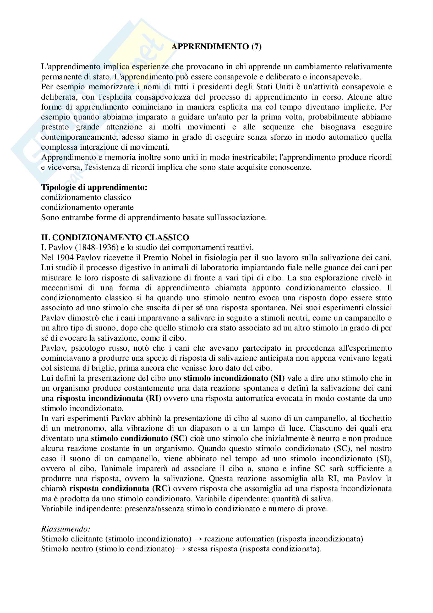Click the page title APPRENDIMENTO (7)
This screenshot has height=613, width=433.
coord(216,47)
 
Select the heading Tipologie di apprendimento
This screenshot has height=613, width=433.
coord(94,187)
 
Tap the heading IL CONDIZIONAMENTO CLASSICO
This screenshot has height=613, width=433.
coord(115,237)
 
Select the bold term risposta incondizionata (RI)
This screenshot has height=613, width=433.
coord(109,398)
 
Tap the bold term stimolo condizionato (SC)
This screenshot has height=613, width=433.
coord(139,439)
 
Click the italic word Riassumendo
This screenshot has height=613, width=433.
coord(66,529)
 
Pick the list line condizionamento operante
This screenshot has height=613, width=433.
coord(87,208)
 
